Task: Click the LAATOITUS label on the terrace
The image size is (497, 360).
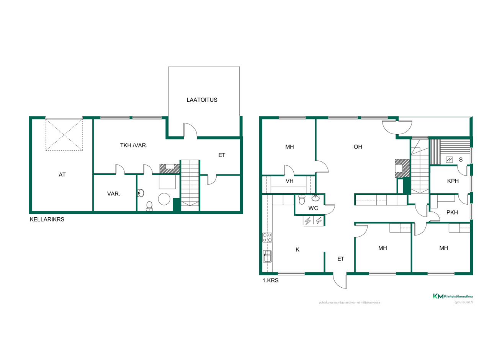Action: (202, 100)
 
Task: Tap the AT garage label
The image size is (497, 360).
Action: (62, 175)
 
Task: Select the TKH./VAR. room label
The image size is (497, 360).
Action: (134, 145)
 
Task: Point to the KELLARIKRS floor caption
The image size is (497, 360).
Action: (47, 219)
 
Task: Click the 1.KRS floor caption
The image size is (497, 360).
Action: (270, 280)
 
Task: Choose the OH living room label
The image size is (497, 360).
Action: (358, 147)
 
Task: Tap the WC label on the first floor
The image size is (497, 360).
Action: (313, 208)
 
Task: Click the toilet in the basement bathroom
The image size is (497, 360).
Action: (149, 206)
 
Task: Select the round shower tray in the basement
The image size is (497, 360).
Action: (164, 199)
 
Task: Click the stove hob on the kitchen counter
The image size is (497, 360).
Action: (267, 237)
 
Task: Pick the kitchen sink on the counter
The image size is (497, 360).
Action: (267, 256)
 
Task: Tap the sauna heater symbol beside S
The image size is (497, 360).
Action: (449, 160)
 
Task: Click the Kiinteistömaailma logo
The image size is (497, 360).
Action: (453, 296)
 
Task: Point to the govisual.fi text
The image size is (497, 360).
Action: (464, 302)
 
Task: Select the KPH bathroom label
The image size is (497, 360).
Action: (453, 181)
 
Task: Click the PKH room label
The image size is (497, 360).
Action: (452, 212)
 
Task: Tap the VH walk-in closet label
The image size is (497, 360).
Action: (289, 181)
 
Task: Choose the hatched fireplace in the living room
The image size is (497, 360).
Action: (402, 168)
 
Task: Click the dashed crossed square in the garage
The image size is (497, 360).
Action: (64, 135)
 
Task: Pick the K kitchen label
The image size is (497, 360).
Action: (298, 249)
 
